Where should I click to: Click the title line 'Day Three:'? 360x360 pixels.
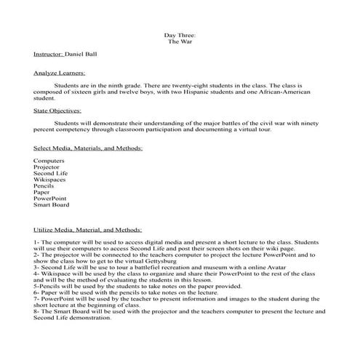coord(180,35)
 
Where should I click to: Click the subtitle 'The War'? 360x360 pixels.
coord(180,41)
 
